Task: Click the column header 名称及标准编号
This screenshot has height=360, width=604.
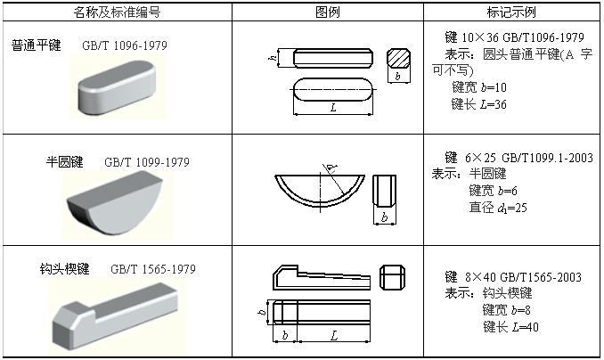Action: point(118,12)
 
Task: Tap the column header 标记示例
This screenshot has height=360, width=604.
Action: point(511,12)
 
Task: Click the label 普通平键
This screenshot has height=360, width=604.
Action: point(37,45)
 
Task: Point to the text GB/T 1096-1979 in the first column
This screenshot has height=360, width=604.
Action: point(124,45)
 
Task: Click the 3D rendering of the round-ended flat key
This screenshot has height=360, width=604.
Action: point(118,89)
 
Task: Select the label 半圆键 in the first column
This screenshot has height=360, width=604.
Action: point(65,162)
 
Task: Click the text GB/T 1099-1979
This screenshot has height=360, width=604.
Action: point(147,163)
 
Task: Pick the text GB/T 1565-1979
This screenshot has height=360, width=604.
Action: point(153,269)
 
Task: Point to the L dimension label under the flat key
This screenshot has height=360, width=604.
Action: point(332,108)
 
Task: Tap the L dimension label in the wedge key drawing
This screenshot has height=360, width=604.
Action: point(333,335)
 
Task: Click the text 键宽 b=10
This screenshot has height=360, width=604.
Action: point(479,88)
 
